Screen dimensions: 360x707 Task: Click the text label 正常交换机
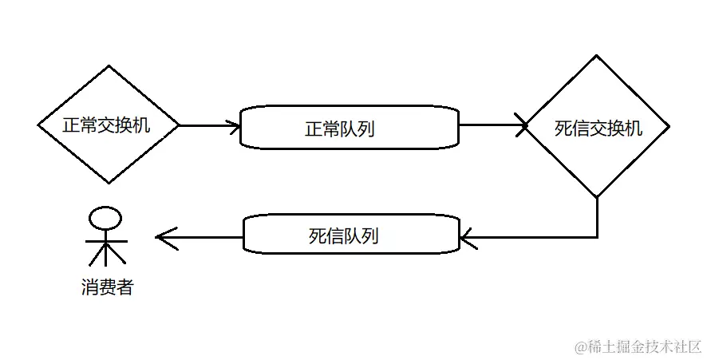coord(109,125)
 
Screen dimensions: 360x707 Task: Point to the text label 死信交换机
coord(598,128)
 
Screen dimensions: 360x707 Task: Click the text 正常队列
coord(340,129)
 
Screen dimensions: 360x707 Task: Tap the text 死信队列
coord(343,235)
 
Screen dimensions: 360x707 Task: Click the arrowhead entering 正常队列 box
coord(235,125)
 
